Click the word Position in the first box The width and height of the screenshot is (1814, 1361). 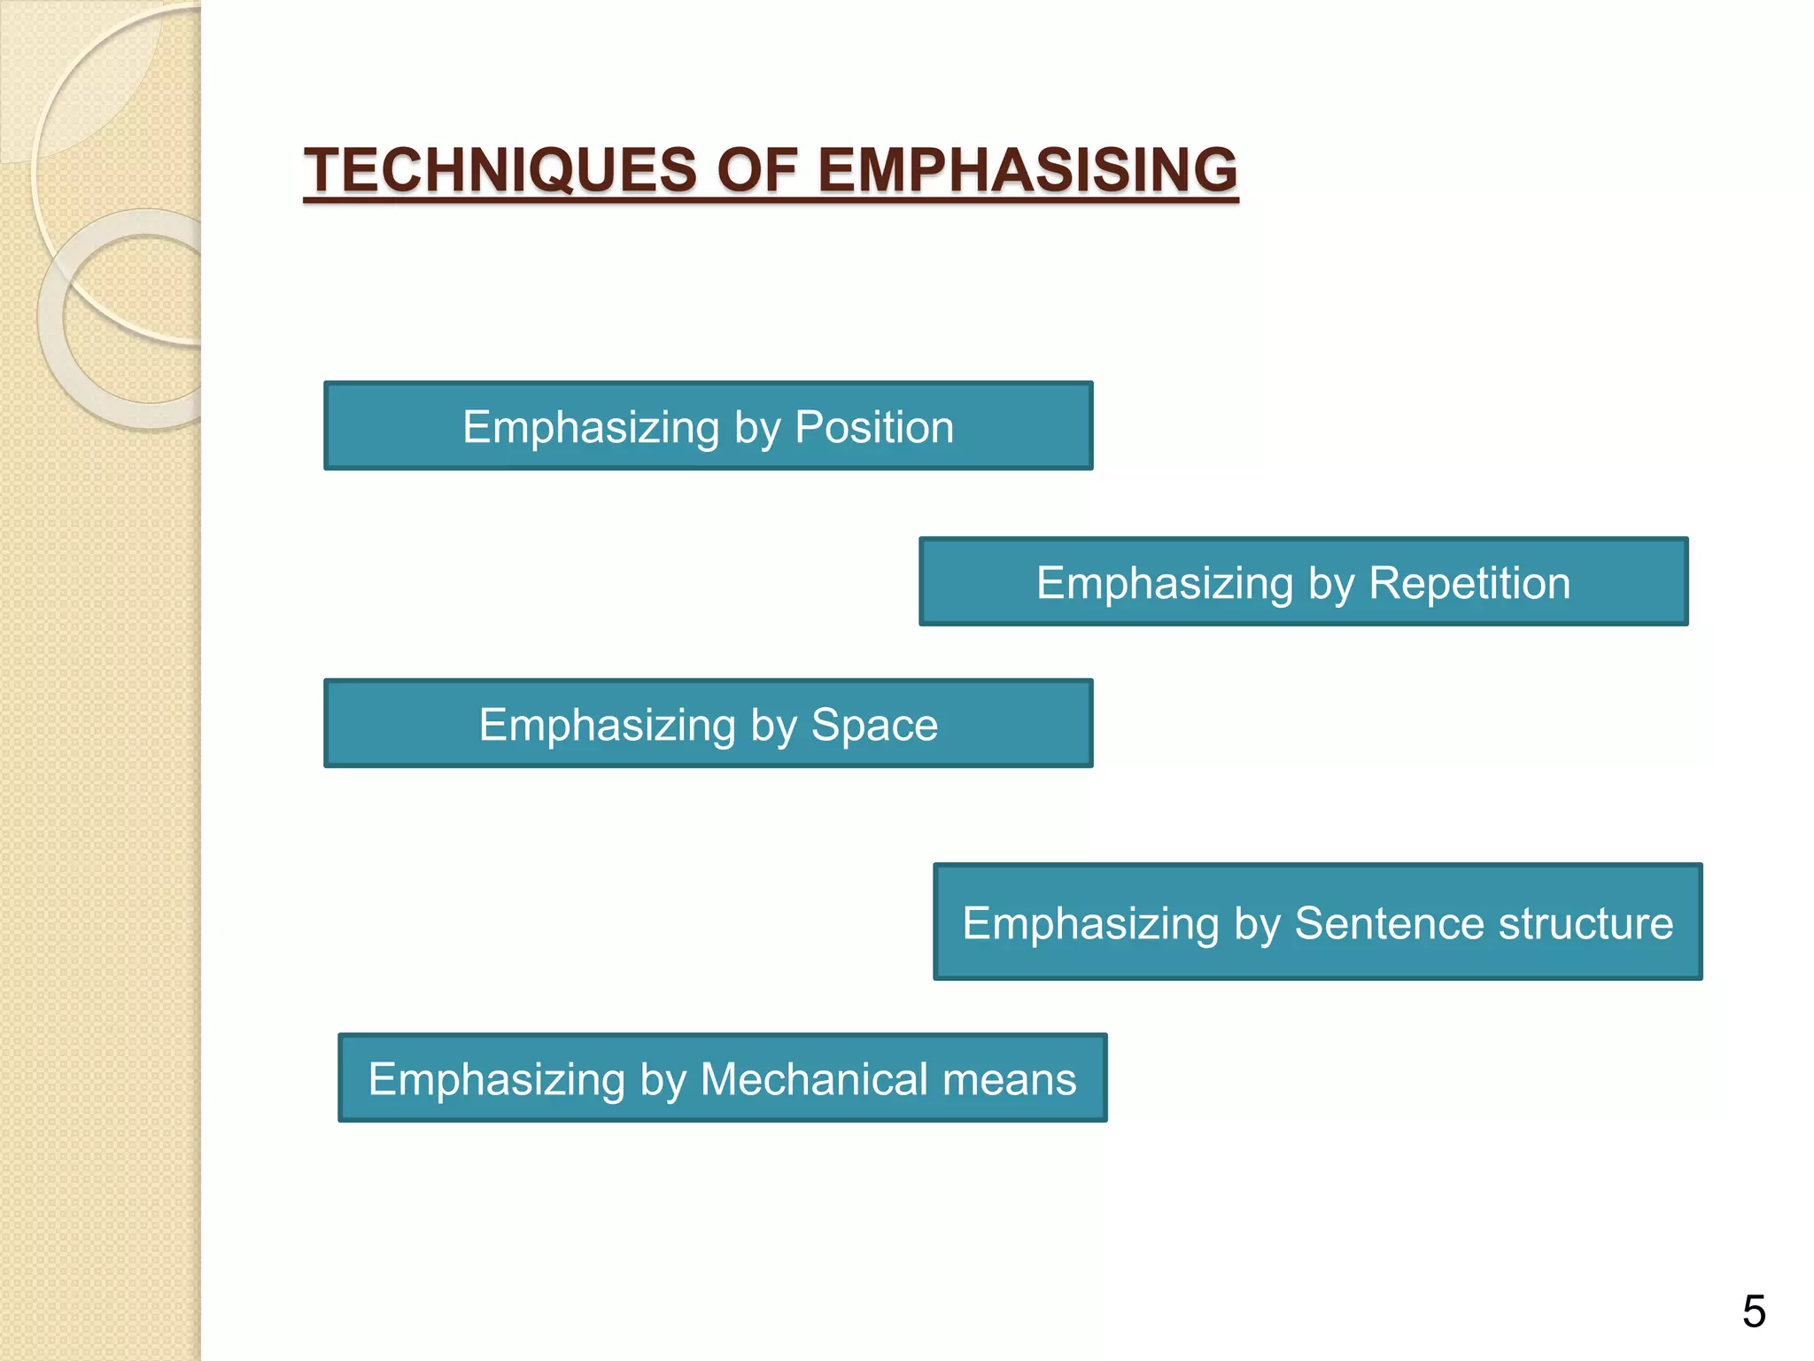(874, 427)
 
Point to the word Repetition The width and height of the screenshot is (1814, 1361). (1469, 583)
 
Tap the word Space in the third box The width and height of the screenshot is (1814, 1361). (874, 725)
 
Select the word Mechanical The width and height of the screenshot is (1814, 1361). (814, 1079)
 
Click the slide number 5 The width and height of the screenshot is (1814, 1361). (1754, 1311)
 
